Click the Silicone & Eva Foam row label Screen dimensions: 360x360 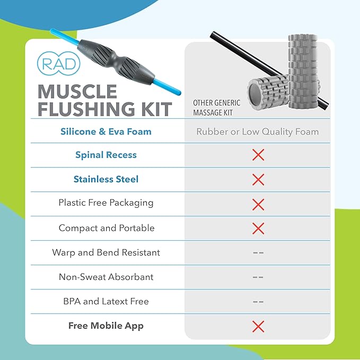[x=106, y=131]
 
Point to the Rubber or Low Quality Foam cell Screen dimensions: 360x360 [x=258, y=131]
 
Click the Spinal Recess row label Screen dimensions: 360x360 [x=106, y=155]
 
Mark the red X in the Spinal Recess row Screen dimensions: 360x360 [x=258, y=155]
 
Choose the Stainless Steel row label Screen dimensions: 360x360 [x=106, y=179]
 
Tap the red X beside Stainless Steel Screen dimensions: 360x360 [x=258, y=180]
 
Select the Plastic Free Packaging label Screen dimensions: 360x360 [x=106, y=203]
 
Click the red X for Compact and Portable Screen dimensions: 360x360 [x=258, y=229]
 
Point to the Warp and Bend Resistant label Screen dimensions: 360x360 [x=106, y=252]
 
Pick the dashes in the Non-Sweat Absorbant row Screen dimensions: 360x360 [x=258, y=277]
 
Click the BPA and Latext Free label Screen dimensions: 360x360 [x=106, y=301]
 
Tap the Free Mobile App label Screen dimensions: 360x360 [x=106, y=326]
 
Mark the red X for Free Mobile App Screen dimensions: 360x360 [x=258, y=326]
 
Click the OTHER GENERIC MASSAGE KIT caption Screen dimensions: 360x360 [x=216, y=108]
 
